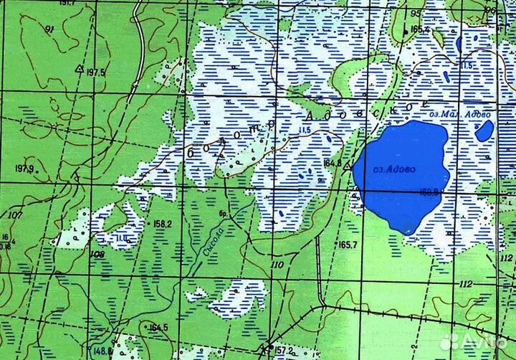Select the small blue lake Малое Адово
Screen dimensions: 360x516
pos(484,131)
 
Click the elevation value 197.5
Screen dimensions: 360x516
pos(95,73)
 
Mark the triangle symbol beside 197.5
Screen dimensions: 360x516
pos(79,70)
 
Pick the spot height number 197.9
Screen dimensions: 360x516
pos(24,169)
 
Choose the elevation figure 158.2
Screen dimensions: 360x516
pos(163,224)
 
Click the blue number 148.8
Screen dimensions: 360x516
pos(101,351)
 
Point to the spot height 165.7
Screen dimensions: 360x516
pos(348,245)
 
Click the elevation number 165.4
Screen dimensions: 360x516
pos(420,29)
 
